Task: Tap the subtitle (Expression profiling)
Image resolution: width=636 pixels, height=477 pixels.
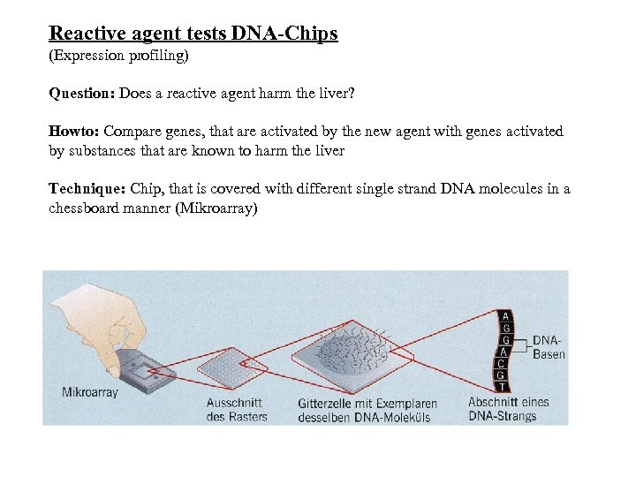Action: pos(119,56)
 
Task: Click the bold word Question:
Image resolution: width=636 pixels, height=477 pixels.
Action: pos(82,93)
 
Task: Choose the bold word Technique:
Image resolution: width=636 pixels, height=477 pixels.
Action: pos(87,189)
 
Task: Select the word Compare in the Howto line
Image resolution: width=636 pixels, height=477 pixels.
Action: pos(132,132)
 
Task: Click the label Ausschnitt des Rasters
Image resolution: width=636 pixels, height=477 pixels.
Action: pos(236,409)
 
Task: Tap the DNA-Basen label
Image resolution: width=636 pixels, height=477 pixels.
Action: pos(549,347)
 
